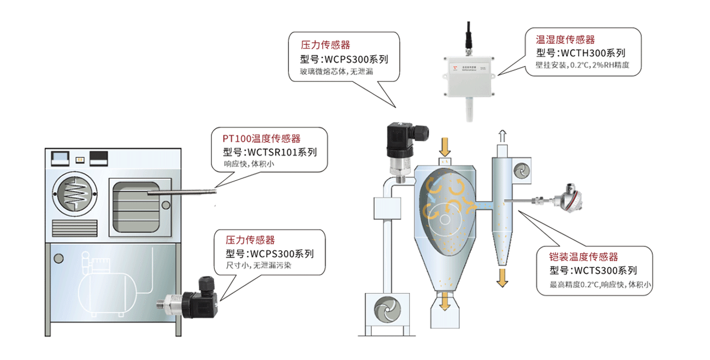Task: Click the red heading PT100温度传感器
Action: (262, 139)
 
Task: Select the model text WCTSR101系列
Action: (282, 152)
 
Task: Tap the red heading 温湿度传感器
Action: (565, 40)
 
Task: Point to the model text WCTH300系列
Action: (593, 53)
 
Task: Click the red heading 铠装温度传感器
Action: (583, 257)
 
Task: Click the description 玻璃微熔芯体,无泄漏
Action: (336, 72)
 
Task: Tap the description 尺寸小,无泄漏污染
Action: (258, 265)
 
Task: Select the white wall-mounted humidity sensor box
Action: (469, 76)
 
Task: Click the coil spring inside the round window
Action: (75, 194)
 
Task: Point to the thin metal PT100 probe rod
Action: (182, 192)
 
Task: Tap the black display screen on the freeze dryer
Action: (98, 158)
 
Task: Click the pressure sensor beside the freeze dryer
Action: (188, 298)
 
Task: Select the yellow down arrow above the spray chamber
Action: (445, 147)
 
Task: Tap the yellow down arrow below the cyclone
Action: (502, 278)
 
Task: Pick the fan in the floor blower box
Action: (387, 310)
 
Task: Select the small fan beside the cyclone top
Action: (522, 170)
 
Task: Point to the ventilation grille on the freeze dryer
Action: (75, 228)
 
